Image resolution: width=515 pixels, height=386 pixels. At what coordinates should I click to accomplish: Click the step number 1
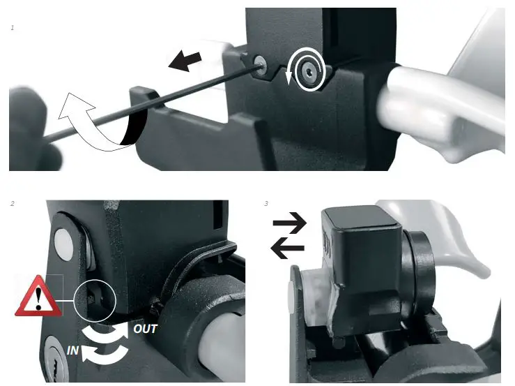click(x=13, y=27)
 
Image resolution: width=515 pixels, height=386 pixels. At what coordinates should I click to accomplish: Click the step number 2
click(x=13, y=204)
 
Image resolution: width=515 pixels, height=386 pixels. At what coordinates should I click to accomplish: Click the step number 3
click(x=267, y=204)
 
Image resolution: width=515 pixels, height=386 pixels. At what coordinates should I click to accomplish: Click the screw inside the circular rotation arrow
click(x=307, y=70)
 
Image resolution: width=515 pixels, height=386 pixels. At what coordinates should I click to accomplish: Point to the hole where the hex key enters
click(x=260, y=63)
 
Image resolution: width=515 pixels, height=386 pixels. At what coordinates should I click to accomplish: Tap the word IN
click(x=73, y=350)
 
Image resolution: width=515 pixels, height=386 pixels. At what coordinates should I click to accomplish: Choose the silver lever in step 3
click(x=460, y=244)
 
